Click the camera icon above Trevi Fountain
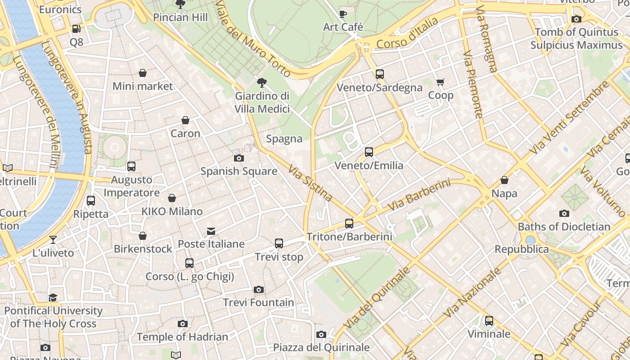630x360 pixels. [258, 289]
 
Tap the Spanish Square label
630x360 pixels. [238, 171]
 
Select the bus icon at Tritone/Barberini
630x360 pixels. [349, 223]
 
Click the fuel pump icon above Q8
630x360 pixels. [76, 29]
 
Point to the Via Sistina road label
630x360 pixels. [310, 183]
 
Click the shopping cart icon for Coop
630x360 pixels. [440, 82]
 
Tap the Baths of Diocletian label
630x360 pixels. [564, 226]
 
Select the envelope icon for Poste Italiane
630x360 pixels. [211, 231]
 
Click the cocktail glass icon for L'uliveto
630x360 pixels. [53, 239]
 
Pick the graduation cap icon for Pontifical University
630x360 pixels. [53, 297]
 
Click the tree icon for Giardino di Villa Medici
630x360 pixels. [261, 83]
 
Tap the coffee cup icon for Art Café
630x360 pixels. [343, 14]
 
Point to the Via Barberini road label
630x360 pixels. [418, 195]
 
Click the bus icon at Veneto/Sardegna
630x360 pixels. [379, 74]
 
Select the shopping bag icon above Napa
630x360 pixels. [504, 180]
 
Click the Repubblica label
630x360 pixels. [522, 249]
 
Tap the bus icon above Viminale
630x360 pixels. [489, 321]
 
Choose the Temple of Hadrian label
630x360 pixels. [182, 337]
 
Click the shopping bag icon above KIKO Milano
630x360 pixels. [172, 198]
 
